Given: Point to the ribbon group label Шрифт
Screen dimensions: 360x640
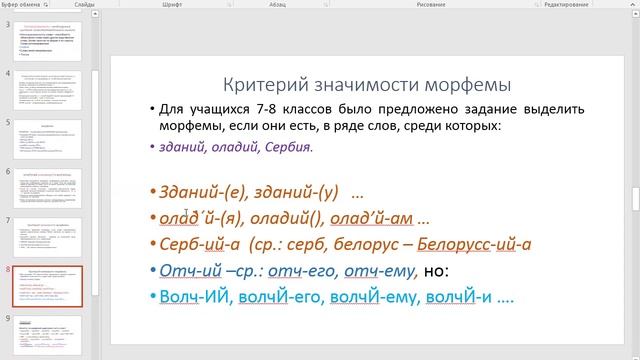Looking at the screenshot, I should (201, 5).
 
